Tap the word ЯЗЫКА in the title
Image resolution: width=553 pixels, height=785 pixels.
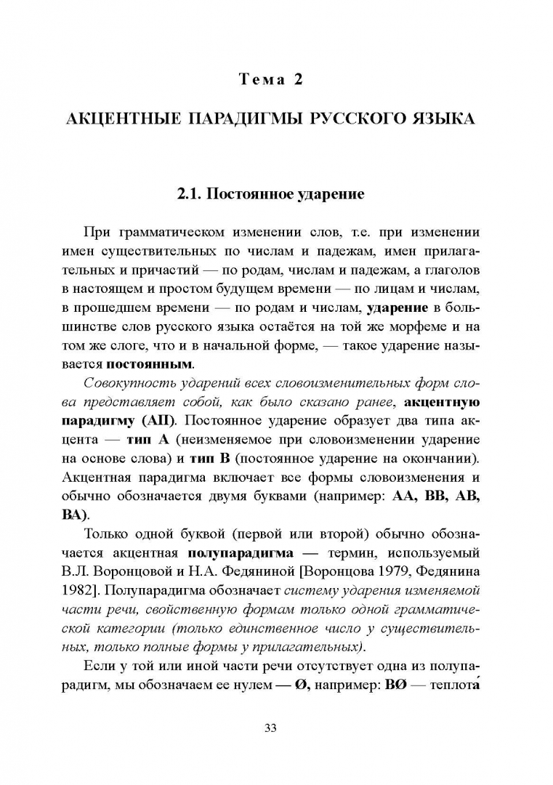(441, 118)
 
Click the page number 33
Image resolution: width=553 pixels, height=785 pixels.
(276, 727)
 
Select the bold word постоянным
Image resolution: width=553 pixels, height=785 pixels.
(150, 364)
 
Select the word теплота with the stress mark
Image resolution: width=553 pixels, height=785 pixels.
(453, 685)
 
